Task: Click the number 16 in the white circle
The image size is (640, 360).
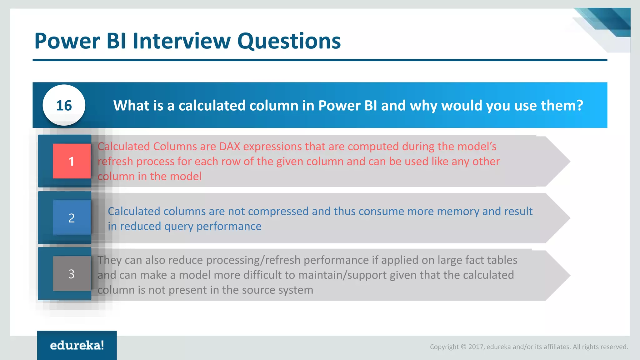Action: (64, 106)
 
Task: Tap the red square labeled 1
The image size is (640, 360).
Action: (72, 161)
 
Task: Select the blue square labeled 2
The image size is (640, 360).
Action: (72, 218)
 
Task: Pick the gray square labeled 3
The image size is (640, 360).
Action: (72, 274)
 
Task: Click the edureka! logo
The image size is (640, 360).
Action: (77, 345)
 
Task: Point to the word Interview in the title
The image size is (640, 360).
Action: (182, 41)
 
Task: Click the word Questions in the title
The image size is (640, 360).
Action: (289, 41)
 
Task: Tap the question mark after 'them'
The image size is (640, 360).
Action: (580, 106)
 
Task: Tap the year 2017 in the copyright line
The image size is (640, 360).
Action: (476, 347)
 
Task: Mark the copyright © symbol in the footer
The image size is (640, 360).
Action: (463, 347)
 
